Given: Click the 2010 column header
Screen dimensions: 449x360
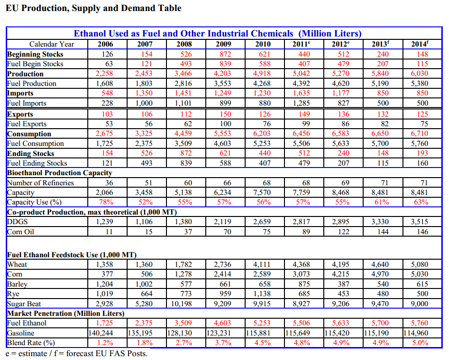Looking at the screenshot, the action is click(263, 44).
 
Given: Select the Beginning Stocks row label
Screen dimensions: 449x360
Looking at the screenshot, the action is click(35, 54).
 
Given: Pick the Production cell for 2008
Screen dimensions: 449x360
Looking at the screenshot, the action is click(183, 73).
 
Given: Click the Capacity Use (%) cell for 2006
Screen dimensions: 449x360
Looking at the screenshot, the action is click(106, 202).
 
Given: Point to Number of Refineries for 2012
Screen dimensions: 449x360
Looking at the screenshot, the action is click(345, 182).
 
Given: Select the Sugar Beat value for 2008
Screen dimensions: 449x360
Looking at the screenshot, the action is click(181, 303).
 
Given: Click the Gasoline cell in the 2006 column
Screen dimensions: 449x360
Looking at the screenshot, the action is click(101, 333).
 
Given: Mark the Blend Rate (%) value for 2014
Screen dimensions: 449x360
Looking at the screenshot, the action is click(421, 343).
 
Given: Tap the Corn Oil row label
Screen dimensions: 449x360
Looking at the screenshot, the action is click(21, 231).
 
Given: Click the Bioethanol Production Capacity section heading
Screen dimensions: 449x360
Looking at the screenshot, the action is click(59, 173).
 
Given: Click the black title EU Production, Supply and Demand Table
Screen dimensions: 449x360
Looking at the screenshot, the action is click(94, 8).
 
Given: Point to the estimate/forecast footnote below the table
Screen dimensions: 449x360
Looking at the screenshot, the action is click(76, 353).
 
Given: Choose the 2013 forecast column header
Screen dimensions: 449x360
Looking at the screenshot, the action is click(380, 44).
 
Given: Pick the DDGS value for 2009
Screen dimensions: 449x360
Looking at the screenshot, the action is click(223, 222).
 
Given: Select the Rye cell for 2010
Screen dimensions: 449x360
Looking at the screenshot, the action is click(262, 294).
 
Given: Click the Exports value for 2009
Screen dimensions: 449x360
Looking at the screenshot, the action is click(225, 114).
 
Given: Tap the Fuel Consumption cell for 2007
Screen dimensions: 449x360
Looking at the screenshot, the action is click(144, 144).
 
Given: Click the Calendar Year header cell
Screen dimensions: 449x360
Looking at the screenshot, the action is click(51, 44).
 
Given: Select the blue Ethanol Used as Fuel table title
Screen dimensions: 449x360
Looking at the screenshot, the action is click(218, 34).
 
